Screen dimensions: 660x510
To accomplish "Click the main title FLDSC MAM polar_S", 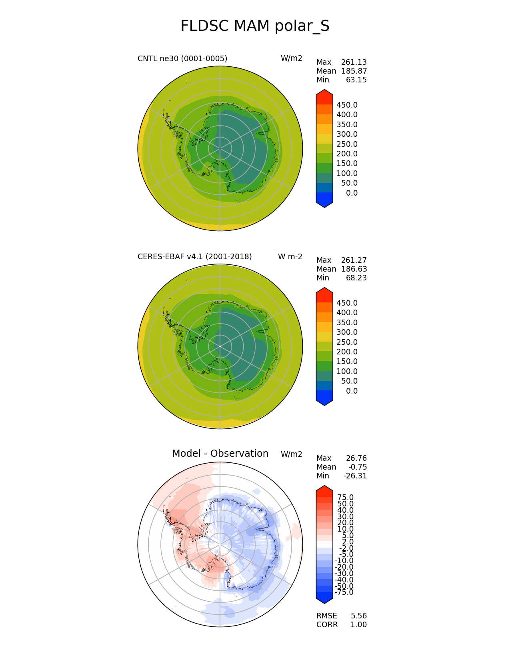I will coord(255,26).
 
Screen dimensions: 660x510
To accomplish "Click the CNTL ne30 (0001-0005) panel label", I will coord(182,59).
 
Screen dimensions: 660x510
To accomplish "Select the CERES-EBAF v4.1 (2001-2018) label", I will coord(195,257).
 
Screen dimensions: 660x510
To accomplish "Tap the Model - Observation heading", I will coord(220,454).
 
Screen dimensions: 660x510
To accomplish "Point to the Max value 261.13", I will coord(354,62).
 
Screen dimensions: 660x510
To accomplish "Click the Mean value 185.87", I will coord(354,71).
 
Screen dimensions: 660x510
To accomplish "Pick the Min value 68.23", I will coord(356,278).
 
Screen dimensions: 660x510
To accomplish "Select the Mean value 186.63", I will coord(354,269).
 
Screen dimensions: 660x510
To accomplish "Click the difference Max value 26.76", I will coord(356,458).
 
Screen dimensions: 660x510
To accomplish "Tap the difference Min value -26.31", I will coord(355,476).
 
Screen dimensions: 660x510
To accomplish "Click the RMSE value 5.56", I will coord(359,616).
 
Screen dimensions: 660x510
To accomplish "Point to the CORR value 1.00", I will coord(359,625).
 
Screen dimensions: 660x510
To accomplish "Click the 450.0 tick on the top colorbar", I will coord(347,105).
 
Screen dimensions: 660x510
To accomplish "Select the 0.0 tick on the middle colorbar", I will coord(352,391).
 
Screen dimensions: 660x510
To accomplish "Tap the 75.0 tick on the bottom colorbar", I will coord(345,498).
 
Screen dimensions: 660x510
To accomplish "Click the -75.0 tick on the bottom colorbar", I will coord(344,592).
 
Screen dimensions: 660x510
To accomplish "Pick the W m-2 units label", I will coord(290,257).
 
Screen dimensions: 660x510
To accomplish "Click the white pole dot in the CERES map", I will coord(220,346).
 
